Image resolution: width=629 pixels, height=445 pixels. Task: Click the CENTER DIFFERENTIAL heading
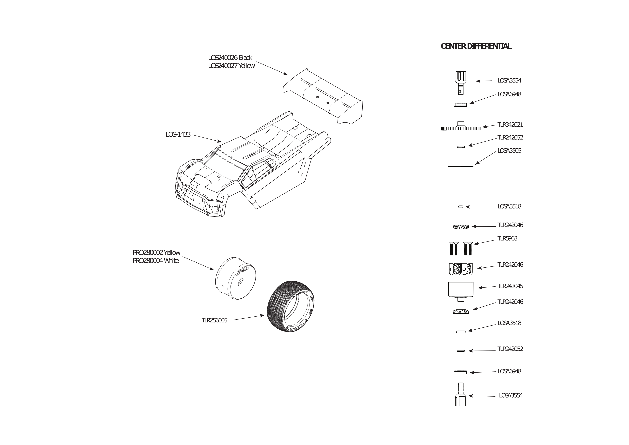pos(476,46)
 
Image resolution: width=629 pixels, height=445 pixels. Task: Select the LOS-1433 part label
pos(178,135)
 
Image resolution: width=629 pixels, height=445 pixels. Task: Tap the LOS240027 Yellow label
pos(231,66)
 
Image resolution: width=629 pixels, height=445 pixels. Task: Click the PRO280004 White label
pos(156,261)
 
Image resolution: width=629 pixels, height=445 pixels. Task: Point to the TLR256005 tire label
pos(214,320)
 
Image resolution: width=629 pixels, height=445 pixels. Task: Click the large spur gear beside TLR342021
pos(461,126)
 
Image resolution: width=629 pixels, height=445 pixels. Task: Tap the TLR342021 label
pos(510,125)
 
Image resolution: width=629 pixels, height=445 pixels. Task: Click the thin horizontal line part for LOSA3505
pos(461,166)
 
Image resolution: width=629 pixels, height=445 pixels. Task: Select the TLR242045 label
pos(510,286)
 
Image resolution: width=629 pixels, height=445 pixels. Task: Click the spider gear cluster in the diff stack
pos(461,269)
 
